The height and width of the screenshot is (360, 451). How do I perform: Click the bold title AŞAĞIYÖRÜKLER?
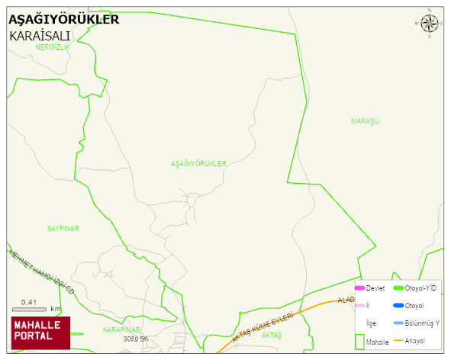63,20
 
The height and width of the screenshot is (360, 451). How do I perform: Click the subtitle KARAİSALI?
40,36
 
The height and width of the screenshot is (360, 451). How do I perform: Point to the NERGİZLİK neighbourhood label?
53,47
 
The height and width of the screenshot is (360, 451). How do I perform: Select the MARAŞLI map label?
366,121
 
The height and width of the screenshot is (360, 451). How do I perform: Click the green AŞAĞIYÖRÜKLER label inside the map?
198,164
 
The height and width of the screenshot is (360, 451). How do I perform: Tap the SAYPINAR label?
63,228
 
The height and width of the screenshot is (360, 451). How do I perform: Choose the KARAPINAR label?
122,329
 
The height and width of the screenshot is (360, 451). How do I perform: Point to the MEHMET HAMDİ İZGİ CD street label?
42,271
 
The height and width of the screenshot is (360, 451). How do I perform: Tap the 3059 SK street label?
135,338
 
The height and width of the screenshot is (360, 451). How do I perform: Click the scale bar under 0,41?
29,309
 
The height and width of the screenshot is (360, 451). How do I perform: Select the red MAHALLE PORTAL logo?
40,333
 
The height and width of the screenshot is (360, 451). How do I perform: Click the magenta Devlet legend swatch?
360,288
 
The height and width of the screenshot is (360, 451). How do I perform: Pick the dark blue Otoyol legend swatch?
398,306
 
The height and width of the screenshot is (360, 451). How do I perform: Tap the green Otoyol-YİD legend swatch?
398,288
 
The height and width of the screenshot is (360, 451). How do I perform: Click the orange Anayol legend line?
398,340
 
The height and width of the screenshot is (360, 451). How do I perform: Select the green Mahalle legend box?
359,342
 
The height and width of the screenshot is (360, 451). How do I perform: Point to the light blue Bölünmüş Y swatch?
398,323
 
